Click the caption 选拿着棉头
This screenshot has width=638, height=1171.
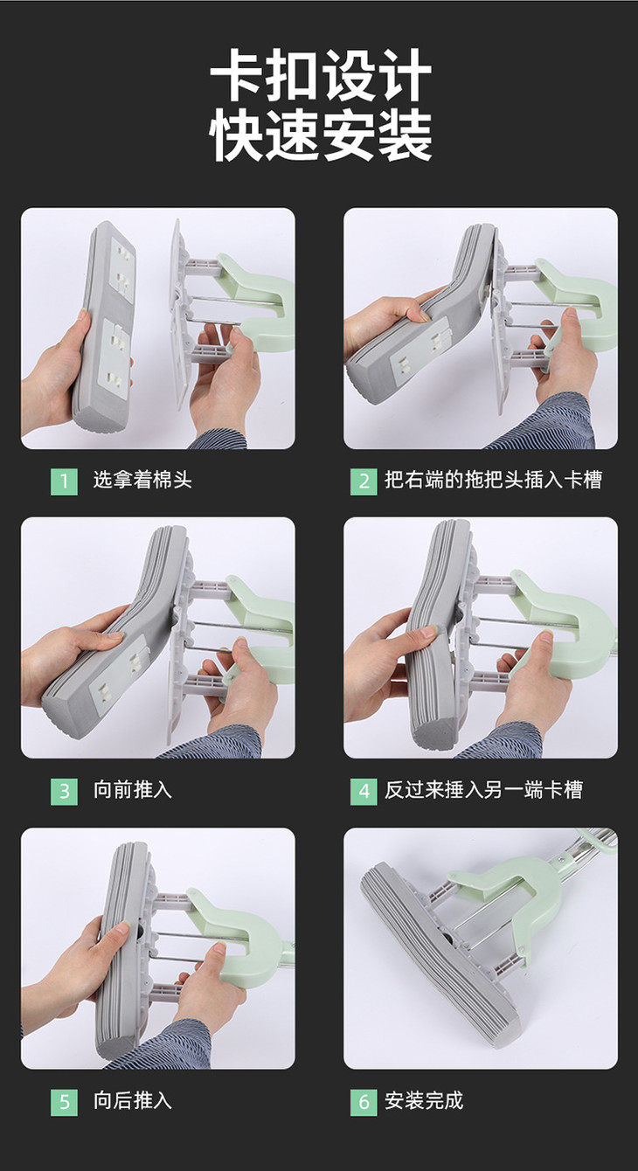(x=142, y=480)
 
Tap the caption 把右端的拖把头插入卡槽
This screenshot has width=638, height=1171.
(x=494, y=480)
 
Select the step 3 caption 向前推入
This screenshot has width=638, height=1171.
(x=133, y=790)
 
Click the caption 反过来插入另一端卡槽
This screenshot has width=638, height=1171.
(x=483, y=790)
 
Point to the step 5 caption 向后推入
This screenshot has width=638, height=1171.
(x=133, y=1101)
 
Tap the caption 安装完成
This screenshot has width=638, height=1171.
(x=424, y=1101)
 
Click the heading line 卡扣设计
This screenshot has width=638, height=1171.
(x=321, y=75)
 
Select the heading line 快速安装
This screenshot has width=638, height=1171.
(x=321, y=135)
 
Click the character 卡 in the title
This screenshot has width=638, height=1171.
(x=236, y=75)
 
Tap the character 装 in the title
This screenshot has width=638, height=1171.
(x=405, y=135)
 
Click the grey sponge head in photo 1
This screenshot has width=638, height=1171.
(x=105, y=327)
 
